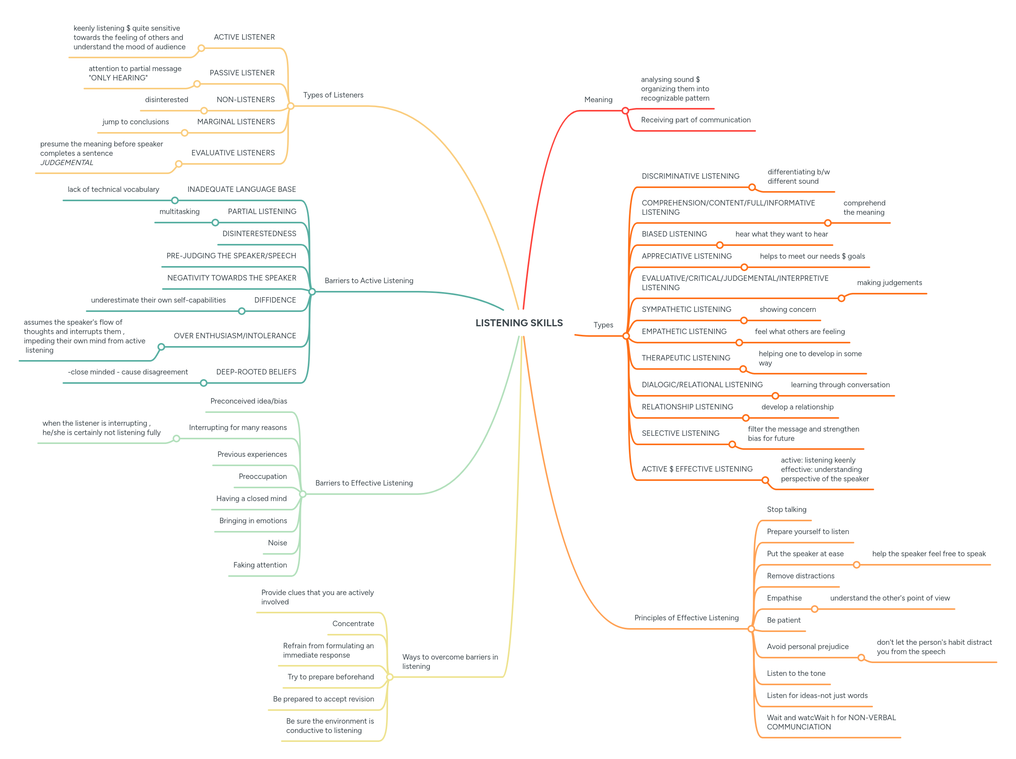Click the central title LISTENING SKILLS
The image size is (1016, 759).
[518, 323]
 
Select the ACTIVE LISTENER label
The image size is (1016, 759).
[244, 37]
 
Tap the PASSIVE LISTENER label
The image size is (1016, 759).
[242, 73]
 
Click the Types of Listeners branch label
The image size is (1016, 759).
[333, 95]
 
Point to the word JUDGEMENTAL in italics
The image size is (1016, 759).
[66, 162]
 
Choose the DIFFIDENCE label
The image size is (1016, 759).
[275, 300]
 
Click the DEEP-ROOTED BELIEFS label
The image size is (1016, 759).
[256, 372]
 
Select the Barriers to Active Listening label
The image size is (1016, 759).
[368, 280]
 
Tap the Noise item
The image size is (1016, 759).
[277, 543]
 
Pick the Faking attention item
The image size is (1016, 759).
[260, 565]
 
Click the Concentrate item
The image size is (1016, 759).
[353, 623]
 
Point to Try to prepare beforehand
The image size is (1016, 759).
[330, 677]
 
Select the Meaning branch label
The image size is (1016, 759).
[598, 100]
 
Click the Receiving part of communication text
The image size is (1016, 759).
[695, 120]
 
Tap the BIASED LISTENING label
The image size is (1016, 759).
[674, 234]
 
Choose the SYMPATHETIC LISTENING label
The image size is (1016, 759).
[686, 310]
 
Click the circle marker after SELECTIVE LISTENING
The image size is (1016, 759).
[732, 444]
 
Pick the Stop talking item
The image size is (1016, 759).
[786, 509]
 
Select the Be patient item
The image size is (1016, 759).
[783, 620]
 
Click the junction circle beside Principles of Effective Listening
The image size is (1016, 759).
[751, 629]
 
